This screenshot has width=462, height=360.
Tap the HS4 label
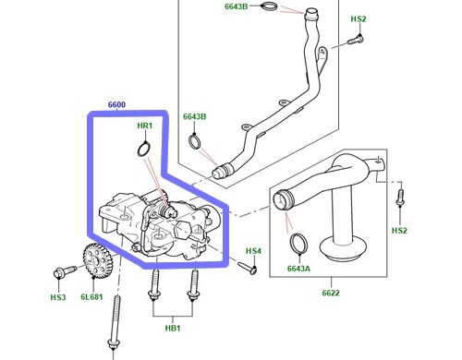click(x=253, y=251)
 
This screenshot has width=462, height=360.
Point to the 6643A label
click(x=298, y=269)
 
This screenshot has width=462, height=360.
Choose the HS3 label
click(x=57, y=297)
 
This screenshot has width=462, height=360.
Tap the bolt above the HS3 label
click(x=65, y=272)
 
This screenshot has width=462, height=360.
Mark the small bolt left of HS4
click(x=250, y=270)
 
